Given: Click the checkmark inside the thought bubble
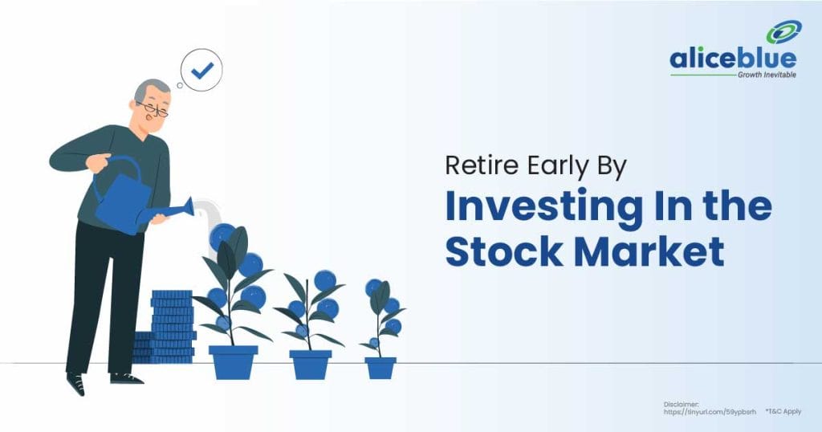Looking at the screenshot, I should pyautogui.click(x=201, y=71).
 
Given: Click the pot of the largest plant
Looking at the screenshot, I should pyautogui.click(x=233, y=361).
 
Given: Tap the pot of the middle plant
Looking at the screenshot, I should pyautogui.click(x=310, y=364).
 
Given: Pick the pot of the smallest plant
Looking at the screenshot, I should pyautogui.click(x=380, y=367).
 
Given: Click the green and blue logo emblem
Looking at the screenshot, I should pyautogui.click(x=783, y=32).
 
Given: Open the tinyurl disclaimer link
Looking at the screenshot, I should pyautogui.click(x=710, y=411).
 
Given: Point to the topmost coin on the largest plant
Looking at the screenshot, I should pyautogui.click(x=222, y=235).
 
